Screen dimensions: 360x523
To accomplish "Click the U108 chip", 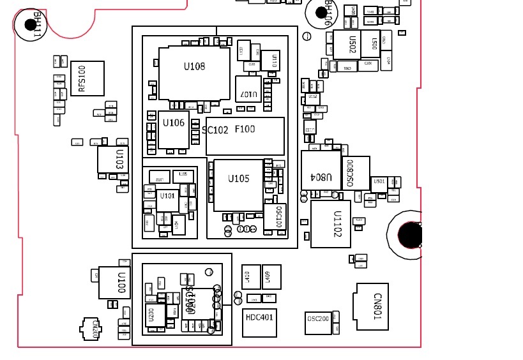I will (x=194, y=72).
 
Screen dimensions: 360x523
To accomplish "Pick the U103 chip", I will (x=112, y=160).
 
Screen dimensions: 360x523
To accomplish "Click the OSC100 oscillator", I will (x=277, y=217).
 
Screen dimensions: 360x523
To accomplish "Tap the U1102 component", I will (x=331, y=224).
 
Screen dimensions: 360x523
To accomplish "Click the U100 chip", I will (x=115, y=283).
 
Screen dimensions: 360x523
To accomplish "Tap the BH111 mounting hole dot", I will (x=30, y=25).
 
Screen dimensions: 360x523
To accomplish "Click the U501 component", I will (x=379, y=182).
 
